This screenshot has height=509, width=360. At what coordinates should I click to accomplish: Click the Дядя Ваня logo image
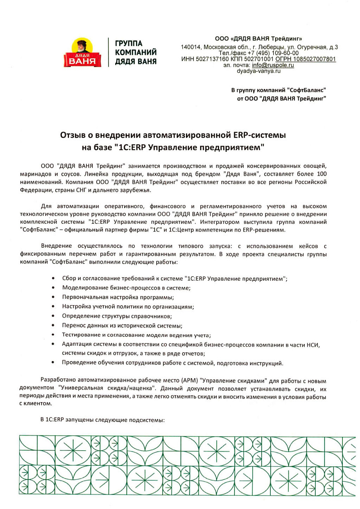(x=86, y=53)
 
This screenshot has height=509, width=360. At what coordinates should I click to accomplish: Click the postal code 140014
(x=191, y=47)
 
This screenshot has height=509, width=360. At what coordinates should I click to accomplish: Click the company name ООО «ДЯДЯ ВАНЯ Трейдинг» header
(x=258, y=39)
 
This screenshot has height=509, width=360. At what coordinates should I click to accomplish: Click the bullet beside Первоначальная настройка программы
(x=53, y=297)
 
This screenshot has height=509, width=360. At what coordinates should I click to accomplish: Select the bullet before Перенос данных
(x=53, y=325)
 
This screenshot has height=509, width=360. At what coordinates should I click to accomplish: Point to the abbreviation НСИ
(x=312, y=344)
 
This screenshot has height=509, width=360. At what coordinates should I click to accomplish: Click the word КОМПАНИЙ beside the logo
(x=136, y=53)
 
